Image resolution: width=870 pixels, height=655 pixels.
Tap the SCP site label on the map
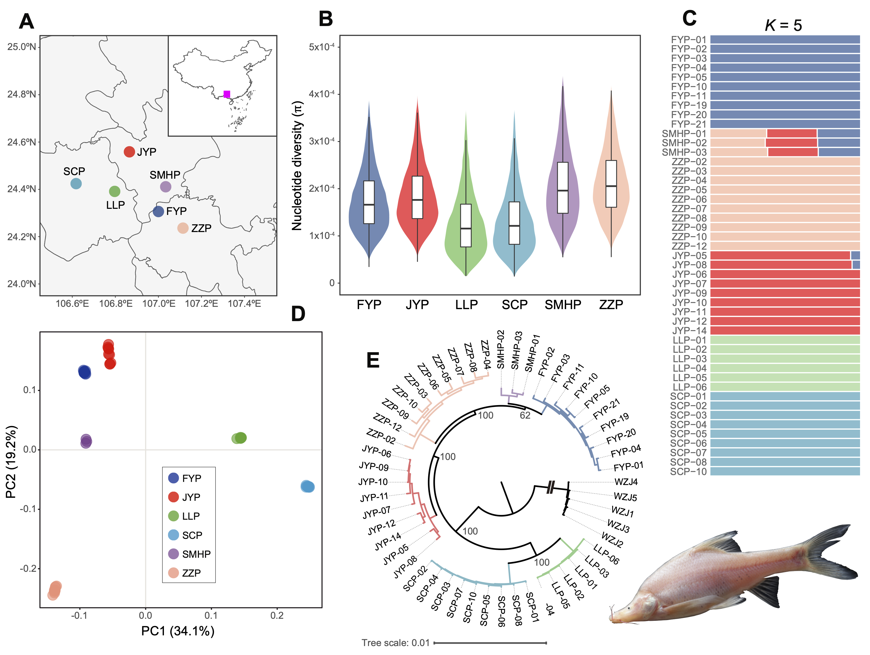coord(74,172)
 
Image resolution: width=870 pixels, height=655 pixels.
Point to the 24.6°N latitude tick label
coord(22,142)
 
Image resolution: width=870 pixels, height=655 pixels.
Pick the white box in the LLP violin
coord(466,225)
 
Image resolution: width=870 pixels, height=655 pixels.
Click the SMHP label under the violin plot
coord(563,305)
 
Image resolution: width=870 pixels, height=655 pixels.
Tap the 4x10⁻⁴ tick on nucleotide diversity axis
coord(321,94)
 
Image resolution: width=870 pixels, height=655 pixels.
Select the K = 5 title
coord(783,26)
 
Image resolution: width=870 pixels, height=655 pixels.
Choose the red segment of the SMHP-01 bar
coord(791,133)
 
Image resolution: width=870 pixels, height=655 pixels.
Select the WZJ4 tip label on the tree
coord(626,482)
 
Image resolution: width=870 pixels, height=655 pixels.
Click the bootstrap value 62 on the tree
coord(525,416)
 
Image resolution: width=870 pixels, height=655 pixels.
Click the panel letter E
coord(373,360)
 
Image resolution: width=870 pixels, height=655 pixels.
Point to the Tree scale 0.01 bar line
coord(490,642)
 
